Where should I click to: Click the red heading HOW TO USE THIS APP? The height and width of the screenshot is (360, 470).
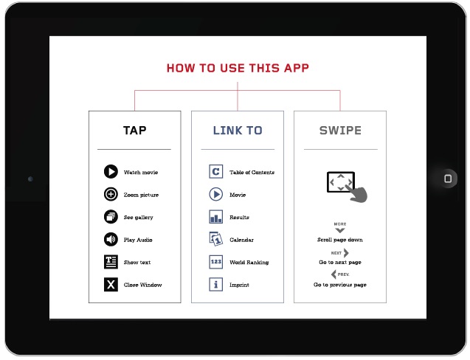coord(238,68)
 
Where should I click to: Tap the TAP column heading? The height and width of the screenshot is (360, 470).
coord(134,131)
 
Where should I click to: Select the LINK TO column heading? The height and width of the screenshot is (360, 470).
coord(238,131)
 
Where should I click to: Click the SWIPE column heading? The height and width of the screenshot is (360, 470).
coord(340,131)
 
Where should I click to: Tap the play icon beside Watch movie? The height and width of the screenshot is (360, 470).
coord(111,172)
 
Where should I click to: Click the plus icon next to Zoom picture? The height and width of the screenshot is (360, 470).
coord(111,194)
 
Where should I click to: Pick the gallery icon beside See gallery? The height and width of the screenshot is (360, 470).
coord(111,217)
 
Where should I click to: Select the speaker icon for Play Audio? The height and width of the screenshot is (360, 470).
coord(111,239)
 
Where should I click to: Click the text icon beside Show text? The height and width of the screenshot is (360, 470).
coord(111,262)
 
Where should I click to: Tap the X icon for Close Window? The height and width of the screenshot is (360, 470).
coord(111,284)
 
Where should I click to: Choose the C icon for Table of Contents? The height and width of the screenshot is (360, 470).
coord(215,172)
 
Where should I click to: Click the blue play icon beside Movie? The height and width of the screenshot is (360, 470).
coord(215,194)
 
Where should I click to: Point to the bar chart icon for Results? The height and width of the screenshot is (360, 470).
coord(215,217)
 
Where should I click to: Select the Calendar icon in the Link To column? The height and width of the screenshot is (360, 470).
coord(215,239)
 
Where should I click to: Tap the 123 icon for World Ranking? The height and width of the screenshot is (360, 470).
coord(215,262)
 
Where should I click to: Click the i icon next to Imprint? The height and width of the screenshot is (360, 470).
coord(215,284)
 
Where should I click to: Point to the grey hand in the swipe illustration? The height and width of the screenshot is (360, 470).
coord(357,193)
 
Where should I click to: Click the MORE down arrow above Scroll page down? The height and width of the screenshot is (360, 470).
coord(340,230)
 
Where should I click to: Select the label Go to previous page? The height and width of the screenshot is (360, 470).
coord(340,285)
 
